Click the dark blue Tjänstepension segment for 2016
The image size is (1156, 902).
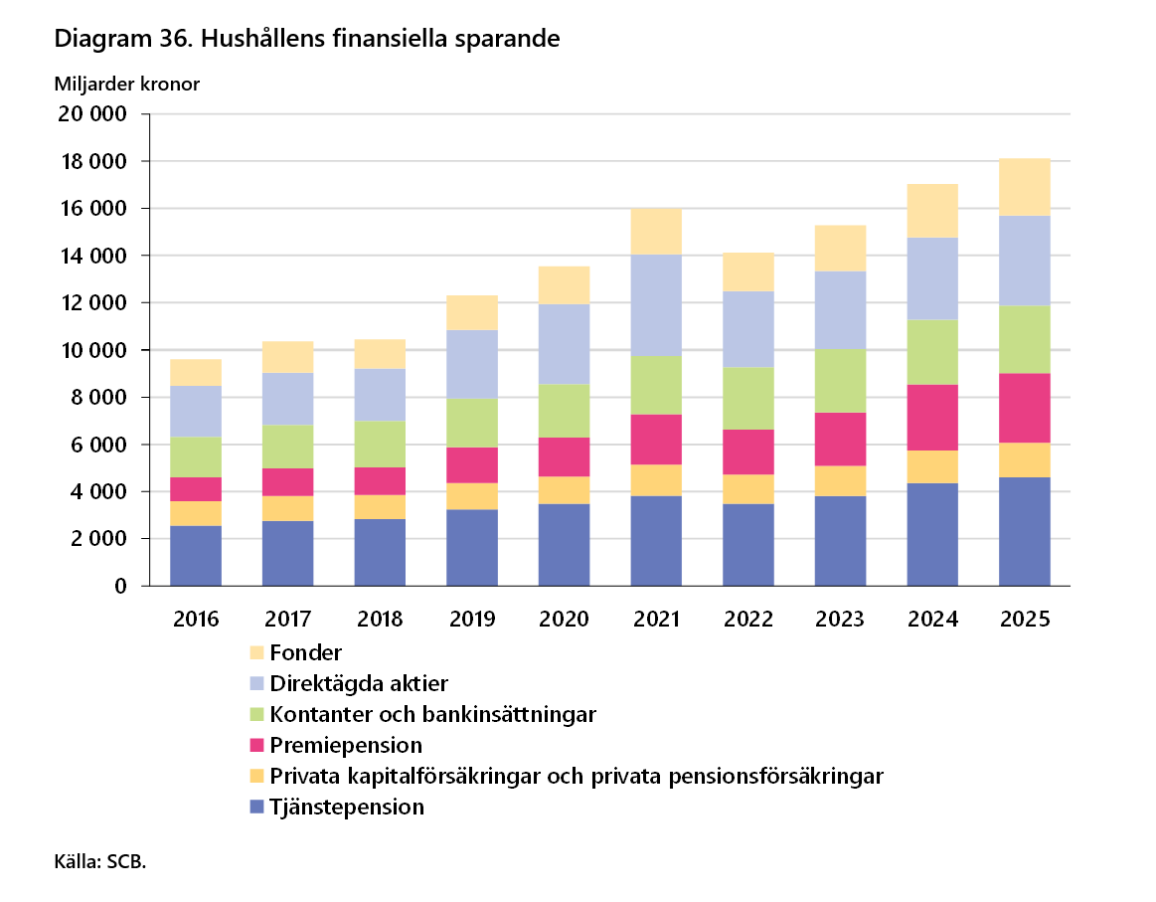coord(196,555)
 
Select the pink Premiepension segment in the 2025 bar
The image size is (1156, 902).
coord(1024,408)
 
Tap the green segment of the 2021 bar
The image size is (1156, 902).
coord(656,385)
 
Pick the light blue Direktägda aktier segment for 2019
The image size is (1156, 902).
coord(472,364)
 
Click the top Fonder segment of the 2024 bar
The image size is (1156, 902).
coord(932,210)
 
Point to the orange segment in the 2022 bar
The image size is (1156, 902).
coord(748,489)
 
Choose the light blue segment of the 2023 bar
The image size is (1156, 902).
coord(840,309)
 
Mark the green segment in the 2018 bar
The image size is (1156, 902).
coord(380,444)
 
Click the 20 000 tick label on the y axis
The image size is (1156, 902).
coord(92,114)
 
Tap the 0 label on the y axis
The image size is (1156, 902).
coord(121,587)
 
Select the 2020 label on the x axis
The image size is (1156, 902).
coord(564,619)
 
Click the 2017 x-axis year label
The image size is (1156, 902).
coord(287,619)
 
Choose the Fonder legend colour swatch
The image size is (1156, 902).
coord(256,652)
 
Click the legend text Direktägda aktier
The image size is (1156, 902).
coord(359,683)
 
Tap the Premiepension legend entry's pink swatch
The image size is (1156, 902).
coord(256,745)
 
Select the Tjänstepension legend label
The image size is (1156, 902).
coord(347,807)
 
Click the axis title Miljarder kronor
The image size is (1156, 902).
coord(127,85)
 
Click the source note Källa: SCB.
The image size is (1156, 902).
coord(100,861)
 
